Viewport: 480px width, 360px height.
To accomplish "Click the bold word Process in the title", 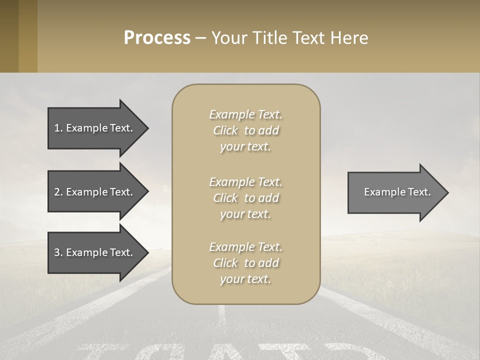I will coord(157,38).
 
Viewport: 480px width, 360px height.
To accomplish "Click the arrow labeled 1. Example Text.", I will coord(95,128).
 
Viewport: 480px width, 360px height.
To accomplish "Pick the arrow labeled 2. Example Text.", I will coord(95,192).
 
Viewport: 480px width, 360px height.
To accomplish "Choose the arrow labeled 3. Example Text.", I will coord(95,252).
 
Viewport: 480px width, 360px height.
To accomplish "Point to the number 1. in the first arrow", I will coord(58,128).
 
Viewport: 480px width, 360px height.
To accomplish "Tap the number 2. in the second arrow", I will coord(58,192).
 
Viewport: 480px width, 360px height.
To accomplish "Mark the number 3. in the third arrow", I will coord(58,252).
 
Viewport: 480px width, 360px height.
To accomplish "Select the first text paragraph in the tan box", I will coord(245,130).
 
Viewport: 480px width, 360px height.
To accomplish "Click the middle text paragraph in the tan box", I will coord(245,198).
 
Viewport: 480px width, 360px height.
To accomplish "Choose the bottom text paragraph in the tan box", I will coord(245,263).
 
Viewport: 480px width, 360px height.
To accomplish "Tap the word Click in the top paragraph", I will coord(225,130).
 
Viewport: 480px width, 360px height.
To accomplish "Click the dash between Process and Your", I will coord(200,38).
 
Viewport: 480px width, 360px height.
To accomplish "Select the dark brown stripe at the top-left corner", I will coord(9,36).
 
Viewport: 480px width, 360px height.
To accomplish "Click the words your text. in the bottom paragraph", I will coord(245,279).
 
